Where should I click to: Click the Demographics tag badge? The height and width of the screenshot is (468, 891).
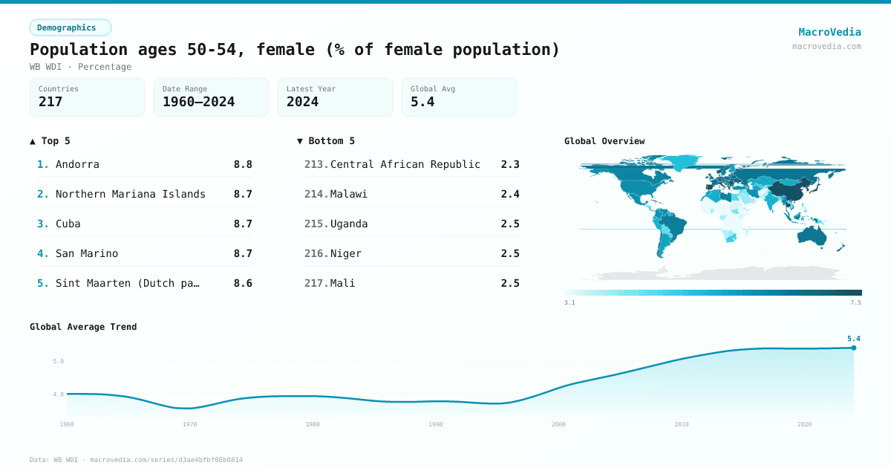tap(70, 27)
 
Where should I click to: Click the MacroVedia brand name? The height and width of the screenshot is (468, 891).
tap(829, 32)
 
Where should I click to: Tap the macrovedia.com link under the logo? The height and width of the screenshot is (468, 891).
tap(826, 46)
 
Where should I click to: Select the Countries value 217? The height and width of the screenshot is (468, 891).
tap(50, 103)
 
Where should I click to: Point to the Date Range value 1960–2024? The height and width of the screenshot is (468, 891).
tap(198, 103)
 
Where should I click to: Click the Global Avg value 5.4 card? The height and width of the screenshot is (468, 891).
tap(459, 97)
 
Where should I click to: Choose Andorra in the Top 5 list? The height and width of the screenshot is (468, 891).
tap(77, 164)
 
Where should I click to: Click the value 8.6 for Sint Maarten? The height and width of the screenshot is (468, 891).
tap(243, 283)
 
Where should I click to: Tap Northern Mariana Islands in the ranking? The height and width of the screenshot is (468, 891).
tap(131, 194)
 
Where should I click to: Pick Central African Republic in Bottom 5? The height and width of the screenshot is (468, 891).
tap(405, 164)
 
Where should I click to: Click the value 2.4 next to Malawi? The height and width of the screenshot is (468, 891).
tap(510, 194)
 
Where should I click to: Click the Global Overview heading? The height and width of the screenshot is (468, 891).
tap(604, 141)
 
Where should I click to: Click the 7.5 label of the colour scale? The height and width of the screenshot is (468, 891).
tap(855, 302)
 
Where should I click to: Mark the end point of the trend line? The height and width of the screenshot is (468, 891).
tap(854, 348)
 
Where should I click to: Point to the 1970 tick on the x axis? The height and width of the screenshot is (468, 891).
tap(189, 424)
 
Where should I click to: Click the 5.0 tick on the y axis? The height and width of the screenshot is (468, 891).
tap(58, 361)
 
